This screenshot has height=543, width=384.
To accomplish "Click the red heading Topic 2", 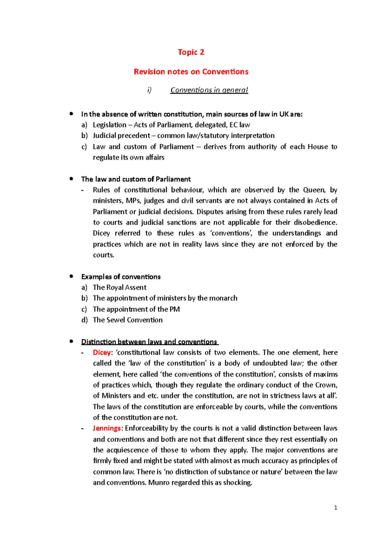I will tap(191, 52).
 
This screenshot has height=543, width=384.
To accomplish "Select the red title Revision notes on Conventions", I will tap(191, 72).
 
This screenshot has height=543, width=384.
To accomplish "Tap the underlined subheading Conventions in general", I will tap(209, 90).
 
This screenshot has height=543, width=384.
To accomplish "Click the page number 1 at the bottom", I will tap(335, 508).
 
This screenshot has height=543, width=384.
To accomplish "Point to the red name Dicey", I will tap(101, 352).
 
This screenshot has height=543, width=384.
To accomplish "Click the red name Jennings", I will tap(107, 428).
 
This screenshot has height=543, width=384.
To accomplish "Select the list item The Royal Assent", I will tap(119, 287).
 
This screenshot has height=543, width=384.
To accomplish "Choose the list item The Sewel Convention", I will tap(127, 320).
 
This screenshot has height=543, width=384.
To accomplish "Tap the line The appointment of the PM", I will tap(136, 309).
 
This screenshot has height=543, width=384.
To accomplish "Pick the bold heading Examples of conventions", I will tap(121, 277).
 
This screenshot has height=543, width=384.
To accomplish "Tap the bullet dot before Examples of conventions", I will tap(71, 276).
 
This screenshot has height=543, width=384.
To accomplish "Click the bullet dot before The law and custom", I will tap(71, 179).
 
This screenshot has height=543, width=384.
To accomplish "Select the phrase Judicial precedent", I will tap(121, 136).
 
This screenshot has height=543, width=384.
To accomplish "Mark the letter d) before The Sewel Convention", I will tap(84, 320).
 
